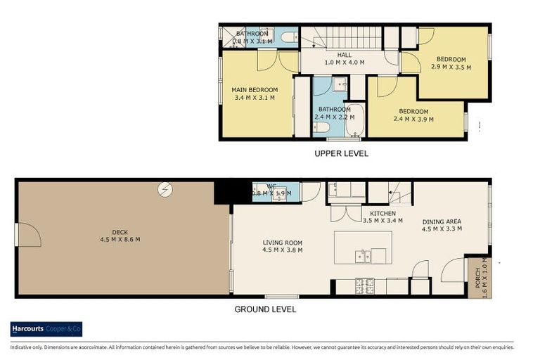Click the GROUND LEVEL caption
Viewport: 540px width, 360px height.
pos(264,309)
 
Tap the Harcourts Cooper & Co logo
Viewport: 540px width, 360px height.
pos(46,328)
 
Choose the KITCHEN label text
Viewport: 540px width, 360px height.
pos(382,213)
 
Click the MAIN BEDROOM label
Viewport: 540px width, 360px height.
pos(255,90)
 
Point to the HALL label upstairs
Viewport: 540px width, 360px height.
pos(344,54)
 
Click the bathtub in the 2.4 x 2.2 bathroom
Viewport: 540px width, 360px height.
pos(354,120)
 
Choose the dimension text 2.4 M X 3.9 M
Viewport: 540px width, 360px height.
pos(413,119)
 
